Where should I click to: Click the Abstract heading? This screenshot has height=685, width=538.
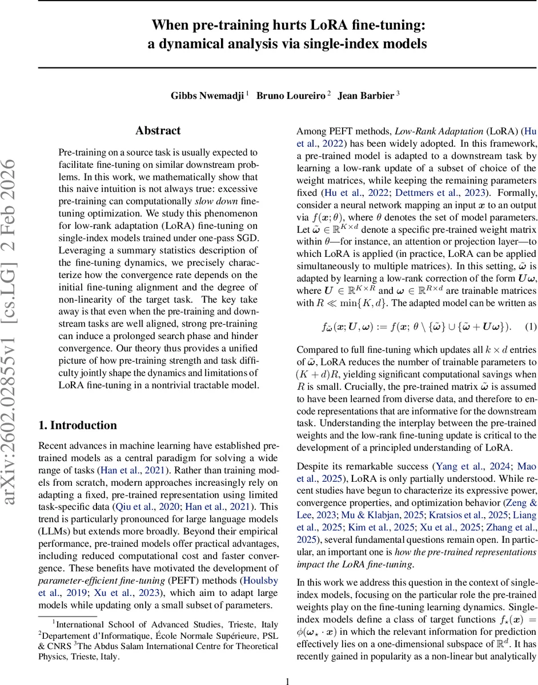click(x=158, y=131)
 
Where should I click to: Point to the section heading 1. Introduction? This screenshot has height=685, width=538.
click(x=77, y=425)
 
